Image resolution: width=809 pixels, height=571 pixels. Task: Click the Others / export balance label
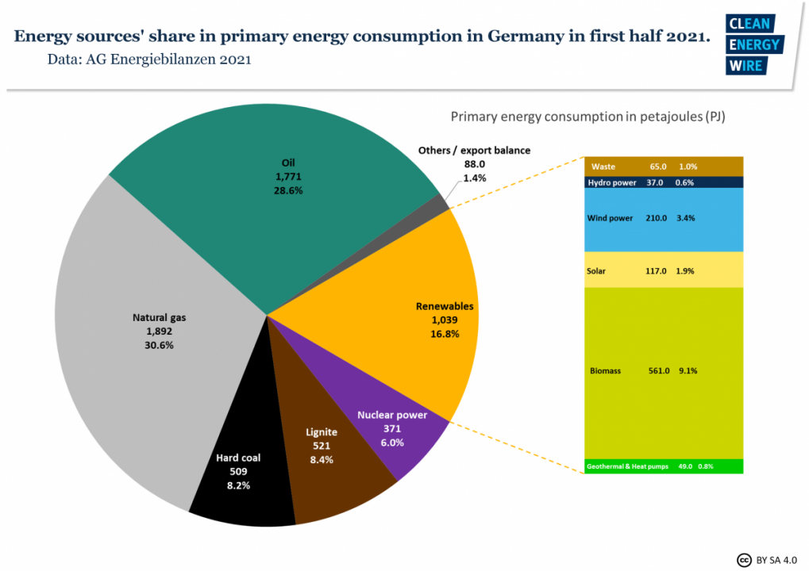[475, 150]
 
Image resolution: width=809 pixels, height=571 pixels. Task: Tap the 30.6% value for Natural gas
[159, 345]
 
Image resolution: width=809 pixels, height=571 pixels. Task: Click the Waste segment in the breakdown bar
[664, 167]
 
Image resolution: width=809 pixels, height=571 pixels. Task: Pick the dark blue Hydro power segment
[664, 182]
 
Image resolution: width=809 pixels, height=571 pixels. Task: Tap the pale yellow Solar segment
[664, 270]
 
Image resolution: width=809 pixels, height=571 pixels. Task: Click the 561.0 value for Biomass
[659, 370]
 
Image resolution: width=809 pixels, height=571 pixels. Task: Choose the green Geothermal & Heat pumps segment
[664, 466]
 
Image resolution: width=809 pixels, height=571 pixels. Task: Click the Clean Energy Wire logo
[754, 44]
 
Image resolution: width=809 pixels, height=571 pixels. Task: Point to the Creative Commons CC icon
[745, 558]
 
